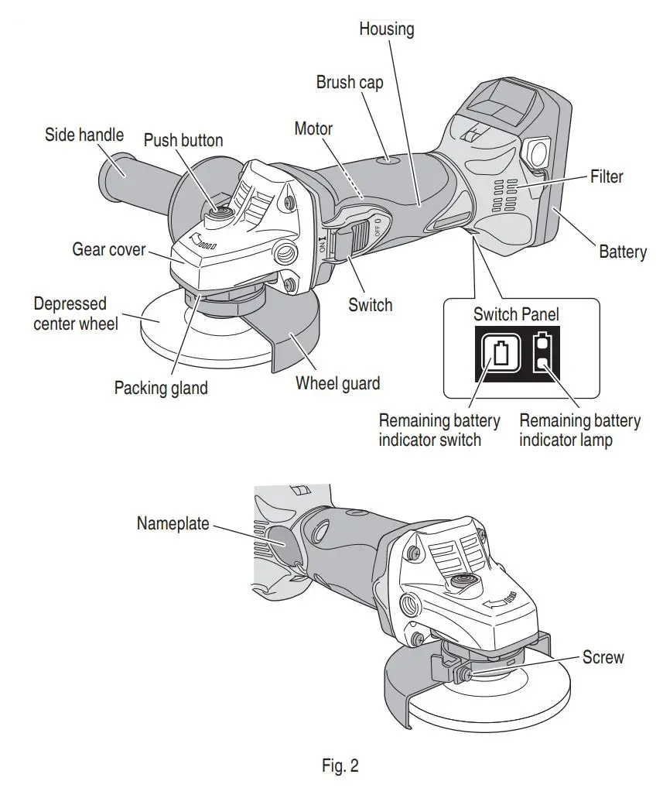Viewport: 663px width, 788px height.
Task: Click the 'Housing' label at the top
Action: pos(386,29)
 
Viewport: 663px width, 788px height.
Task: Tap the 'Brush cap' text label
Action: pos(349,82)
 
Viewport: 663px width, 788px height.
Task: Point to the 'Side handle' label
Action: pos(84,135)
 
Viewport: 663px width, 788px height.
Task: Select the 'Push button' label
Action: pos(183,140)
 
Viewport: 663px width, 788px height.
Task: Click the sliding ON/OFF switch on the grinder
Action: pos(353,236)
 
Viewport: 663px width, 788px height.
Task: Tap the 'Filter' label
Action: pos(606,176)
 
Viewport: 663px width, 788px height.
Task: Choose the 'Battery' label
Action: pos(622,252)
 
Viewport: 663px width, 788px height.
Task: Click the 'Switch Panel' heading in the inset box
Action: pos(515,315)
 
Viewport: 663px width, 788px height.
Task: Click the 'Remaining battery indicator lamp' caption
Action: pos(579,430)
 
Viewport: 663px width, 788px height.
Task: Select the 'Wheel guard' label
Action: pos(337,382)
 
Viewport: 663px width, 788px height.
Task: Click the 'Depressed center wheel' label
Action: pos(76,313)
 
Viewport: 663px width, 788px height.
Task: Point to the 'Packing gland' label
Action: pos(161,388)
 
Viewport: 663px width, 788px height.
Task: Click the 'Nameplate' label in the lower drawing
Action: pos(173,523)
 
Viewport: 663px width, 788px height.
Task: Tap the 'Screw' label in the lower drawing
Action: pos(603,657)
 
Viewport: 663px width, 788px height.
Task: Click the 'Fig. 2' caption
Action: pos(340,766)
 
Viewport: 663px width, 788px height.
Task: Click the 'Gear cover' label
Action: pos(109,250)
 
